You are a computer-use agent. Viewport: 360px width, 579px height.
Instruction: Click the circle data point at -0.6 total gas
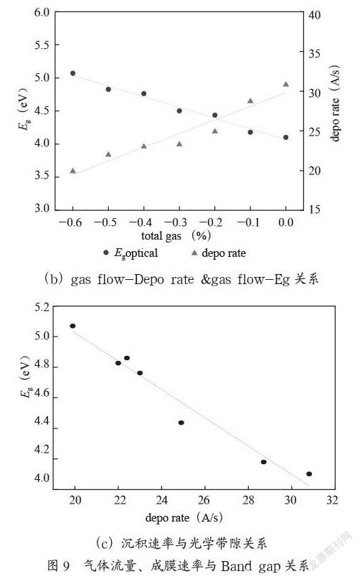[x=72, y=73]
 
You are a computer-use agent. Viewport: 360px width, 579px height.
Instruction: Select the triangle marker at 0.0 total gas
[x=286, y=84]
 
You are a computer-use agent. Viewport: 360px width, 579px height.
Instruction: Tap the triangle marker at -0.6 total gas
[x=72, y=171]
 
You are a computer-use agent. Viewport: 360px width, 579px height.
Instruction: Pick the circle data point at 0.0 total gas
[x=286, y=137]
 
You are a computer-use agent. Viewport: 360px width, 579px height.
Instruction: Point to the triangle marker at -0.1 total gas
[x=250, y=101]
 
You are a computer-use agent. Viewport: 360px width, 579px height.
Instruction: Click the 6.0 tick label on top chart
[x=42, y=12]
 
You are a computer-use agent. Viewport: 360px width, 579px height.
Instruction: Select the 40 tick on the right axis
[x=315, y=15]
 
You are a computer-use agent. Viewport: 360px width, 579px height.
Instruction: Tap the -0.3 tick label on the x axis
[x=176, y=222]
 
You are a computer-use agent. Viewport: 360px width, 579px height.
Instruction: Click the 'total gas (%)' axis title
[x=176, y=235]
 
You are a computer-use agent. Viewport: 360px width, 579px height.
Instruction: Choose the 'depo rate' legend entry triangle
[x=194, y=253]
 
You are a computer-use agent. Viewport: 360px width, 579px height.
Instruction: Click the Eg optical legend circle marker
[x=106, y=253]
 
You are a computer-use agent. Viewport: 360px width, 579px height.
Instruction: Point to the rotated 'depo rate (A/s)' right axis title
[x=334, y=103]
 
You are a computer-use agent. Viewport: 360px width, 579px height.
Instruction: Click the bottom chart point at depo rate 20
[x=72, y=326]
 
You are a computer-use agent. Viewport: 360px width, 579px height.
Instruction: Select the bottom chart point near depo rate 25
[x=181, y=423]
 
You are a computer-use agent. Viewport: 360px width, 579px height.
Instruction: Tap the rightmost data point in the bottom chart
[x=309, y=474]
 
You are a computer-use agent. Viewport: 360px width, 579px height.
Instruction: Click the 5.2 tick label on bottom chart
[x=42, y=307]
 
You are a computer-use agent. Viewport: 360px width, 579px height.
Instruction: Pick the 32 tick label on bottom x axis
[x=332, y=500]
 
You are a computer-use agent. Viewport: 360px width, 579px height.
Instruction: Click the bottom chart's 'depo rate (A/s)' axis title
[x=184, y=517]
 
